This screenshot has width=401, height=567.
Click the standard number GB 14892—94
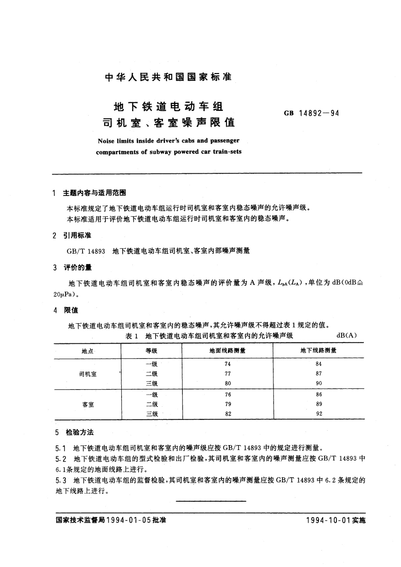tap(311, 113)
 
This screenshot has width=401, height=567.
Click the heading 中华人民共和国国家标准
tap(168, 77)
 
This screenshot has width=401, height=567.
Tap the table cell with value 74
tap(228, 364)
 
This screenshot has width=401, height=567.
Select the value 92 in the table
tap(319, 414)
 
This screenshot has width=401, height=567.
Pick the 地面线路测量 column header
tap(227, 351)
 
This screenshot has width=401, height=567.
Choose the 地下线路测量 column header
tap(319, 351)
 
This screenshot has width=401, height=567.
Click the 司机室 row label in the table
tap(88, 374)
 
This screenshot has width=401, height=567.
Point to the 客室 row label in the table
tap(88, 404)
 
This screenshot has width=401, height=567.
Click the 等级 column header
tap(152, 351)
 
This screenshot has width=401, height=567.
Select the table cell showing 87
tap(319, 373)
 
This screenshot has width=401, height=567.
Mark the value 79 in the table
tap(228, 404)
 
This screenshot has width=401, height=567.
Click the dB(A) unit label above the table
tap(346, 335)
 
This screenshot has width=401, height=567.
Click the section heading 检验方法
tap(79, 433)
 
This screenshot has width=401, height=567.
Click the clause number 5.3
tap(61, 480)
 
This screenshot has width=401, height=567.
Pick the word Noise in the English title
tap(106, 141)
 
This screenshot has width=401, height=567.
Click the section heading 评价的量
tap(78, 268)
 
